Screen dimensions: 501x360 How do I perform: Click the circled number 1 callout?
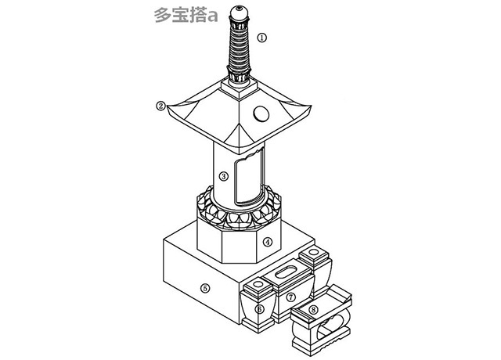click(x=262, y=38)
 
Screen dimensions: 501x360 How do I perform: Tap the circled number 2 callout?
click(x=160, y=106)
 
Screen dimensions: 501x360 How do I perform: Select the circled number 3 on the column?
click(x=224, y=176)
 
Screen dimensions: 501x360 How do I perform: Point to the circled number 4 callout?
click(x=268, y=242)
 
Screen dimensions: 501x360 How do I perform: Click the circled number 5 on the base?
click(x=205, y=288)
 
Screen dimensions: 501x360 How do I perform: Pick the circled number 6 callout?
click(x=259, y=309)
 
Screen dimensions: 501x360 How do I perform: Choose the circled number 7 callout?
click(x=290, y=297)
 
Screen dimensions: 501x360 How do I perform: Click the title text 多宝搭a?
click(x=186, y=16)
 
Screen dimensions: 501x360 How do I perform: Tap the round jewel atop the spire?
click(x=239, y=13)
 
